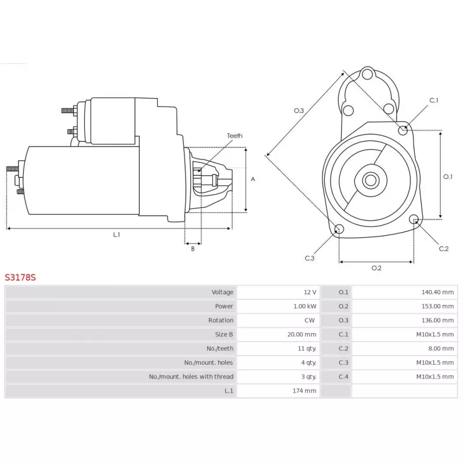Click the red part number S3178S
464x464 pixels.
(20, 278)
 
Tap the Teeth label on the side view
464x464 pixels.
(235, 136)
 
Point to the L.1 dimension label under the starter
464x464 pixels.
(117, 235)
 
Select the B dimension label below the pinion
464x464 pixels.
(193, 249)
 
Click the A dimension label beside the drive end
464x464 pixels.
(253, 179)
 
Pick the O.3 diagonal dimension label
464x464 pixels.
(299, 111)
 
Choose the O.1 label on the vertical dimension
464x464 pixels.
(448, 177)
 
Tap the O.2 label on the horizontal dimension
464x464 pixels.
(376, 268)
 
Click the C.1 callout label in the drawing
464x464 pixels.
(434, 100)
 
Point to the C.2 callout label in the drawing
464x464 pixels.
(444, 249)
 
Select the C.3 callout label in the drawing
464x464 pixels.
(310, 258)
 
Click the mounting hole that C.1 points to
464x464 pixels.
(403, 130)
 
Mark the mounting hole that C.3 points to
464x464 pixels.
(339, 229)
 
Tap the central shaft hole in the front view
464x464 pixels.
(371, 180)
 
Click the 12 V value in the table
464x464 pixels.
(310, 292)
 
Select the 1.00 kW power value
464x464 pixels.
(305, 306)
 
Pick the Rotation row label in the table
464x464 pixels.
(221, 321)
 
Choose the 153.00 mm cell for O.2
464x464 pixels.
(438, 306)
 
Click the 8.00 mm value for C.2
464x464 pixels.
(441, 349)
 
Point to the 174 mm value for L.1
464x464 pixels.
(304, 391)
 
